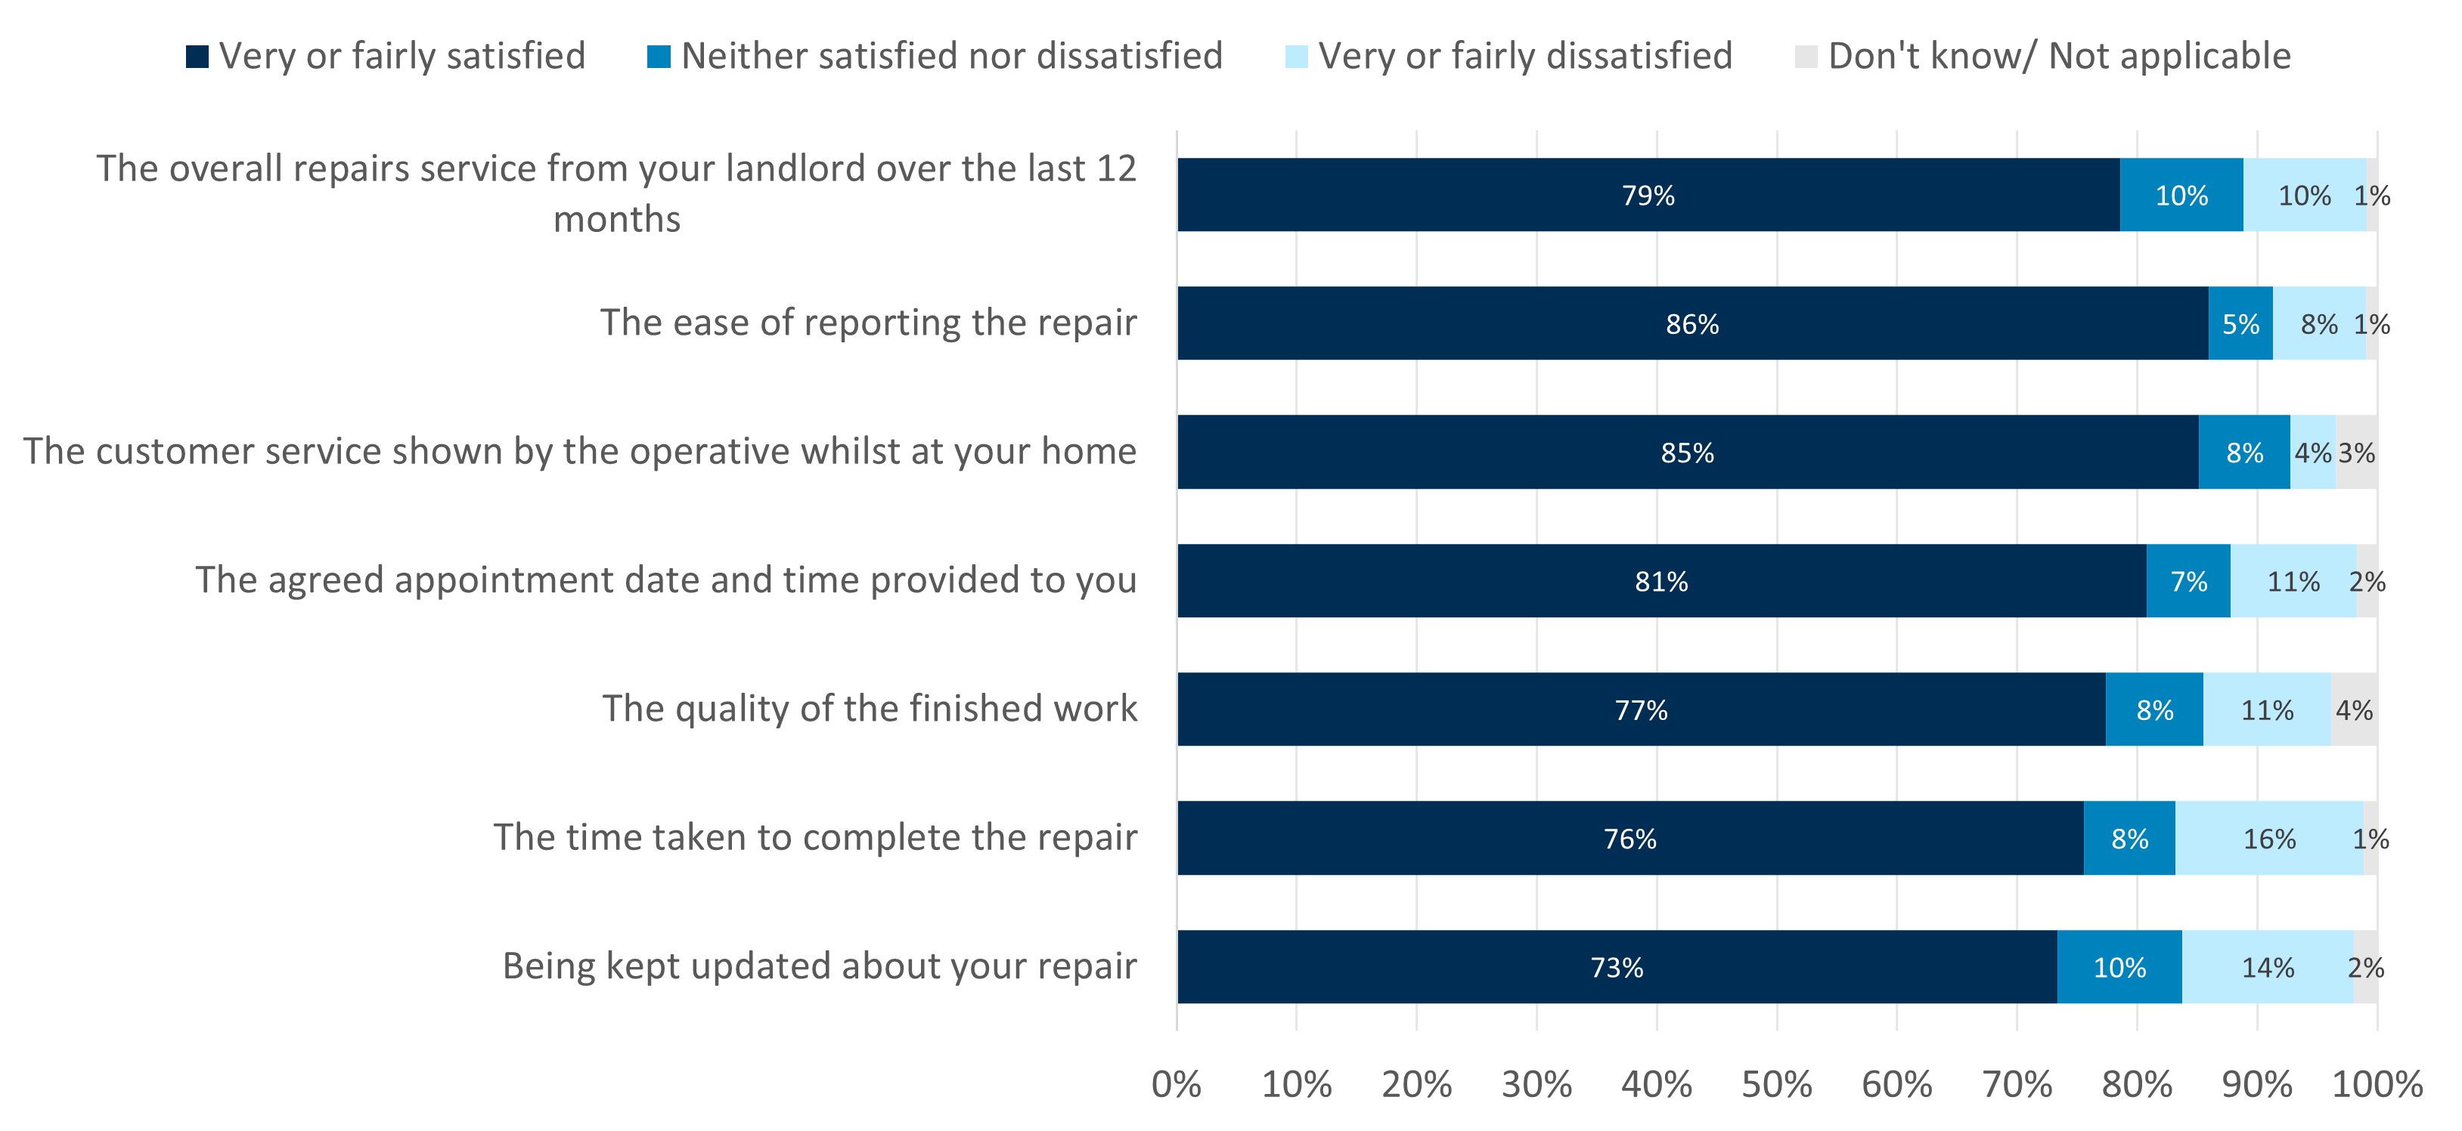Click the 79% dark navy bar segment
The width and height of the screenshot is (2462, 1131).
pyautogui.click(x=1648, y=195)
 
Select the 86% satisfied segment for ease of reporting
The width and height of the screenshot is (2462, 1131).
pyautogui.click(x=1691, y=324)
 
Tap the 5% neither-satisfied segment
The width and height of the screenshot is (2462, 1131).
pyautogui.click(x=2240, y=324)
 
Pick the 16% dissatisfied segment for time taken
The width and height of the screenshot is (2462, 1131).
pyautogui.click(x=2269, y=839)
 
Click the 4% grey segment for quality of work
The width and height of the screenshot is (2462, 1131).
pyautogui.click(x=2354, y=709)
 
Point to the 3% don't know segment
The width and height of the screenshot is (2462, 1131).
pyautogui.click(x=2357, y=453)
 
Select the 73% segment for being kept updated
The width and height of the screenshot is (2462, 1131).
pyautogui.click(x=1616, y=968)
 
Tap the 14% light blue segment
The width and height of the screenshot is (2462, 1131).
pyautogui.click(x=2268, y=968)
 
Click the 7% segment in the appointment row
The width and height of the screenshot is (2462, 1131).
pyautogui.click(x=2189, y=581)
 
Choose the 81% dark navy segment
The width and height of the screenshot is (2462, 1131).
pyautogui.click(x=1661, y=581)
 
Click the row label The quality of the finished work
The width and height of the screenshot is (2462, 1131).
pyautogui.click(x=869, y=709)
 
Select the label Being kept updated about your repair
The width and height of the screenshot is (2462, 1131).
pyautogui.click(x=819, y=966)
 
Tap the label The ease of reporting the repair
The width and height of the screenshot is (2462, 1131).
pyautogui.click(x=868, y=323)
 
